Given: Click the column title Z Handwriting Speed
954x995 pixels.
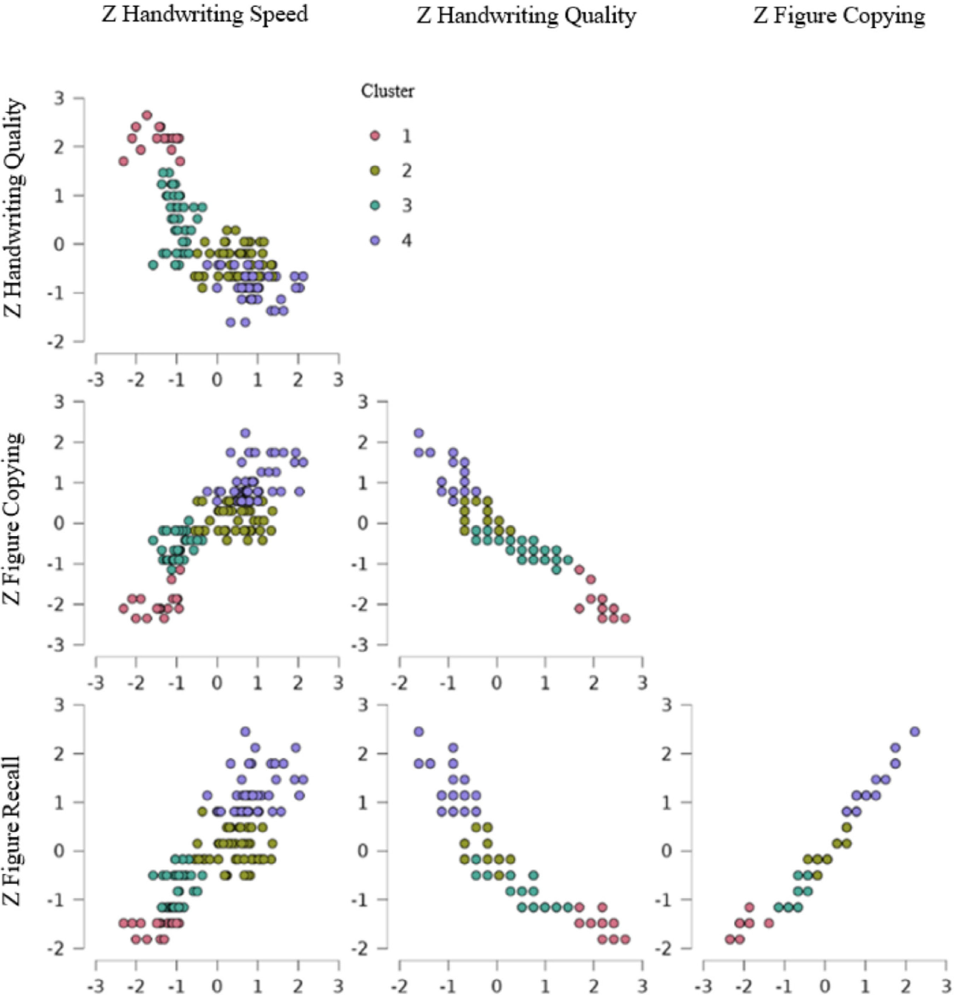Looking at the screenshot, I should pos(205,15).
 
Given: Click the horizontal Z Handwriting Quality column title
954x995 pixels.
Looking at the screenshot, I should pos(526,16).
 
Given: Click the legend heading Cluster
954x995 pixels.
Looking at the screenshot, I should pos(387,91).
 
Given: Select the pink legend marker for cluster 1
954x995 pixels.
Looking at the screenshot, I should pos(375,136).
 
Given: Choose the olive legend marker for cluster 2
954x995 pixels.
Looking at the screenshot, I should pos(375,171).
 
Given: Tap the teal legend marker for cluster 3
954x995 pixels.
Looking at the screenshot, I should pos(375,205).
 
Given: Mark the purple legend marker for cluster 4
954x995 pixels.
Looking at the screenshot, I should pos(375,240).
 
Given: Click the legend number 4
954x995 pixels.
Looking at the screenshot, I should pos(406,240).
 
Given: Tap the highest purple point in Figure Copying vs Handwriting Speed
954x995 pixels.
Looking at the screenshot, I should pos(245,433).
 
